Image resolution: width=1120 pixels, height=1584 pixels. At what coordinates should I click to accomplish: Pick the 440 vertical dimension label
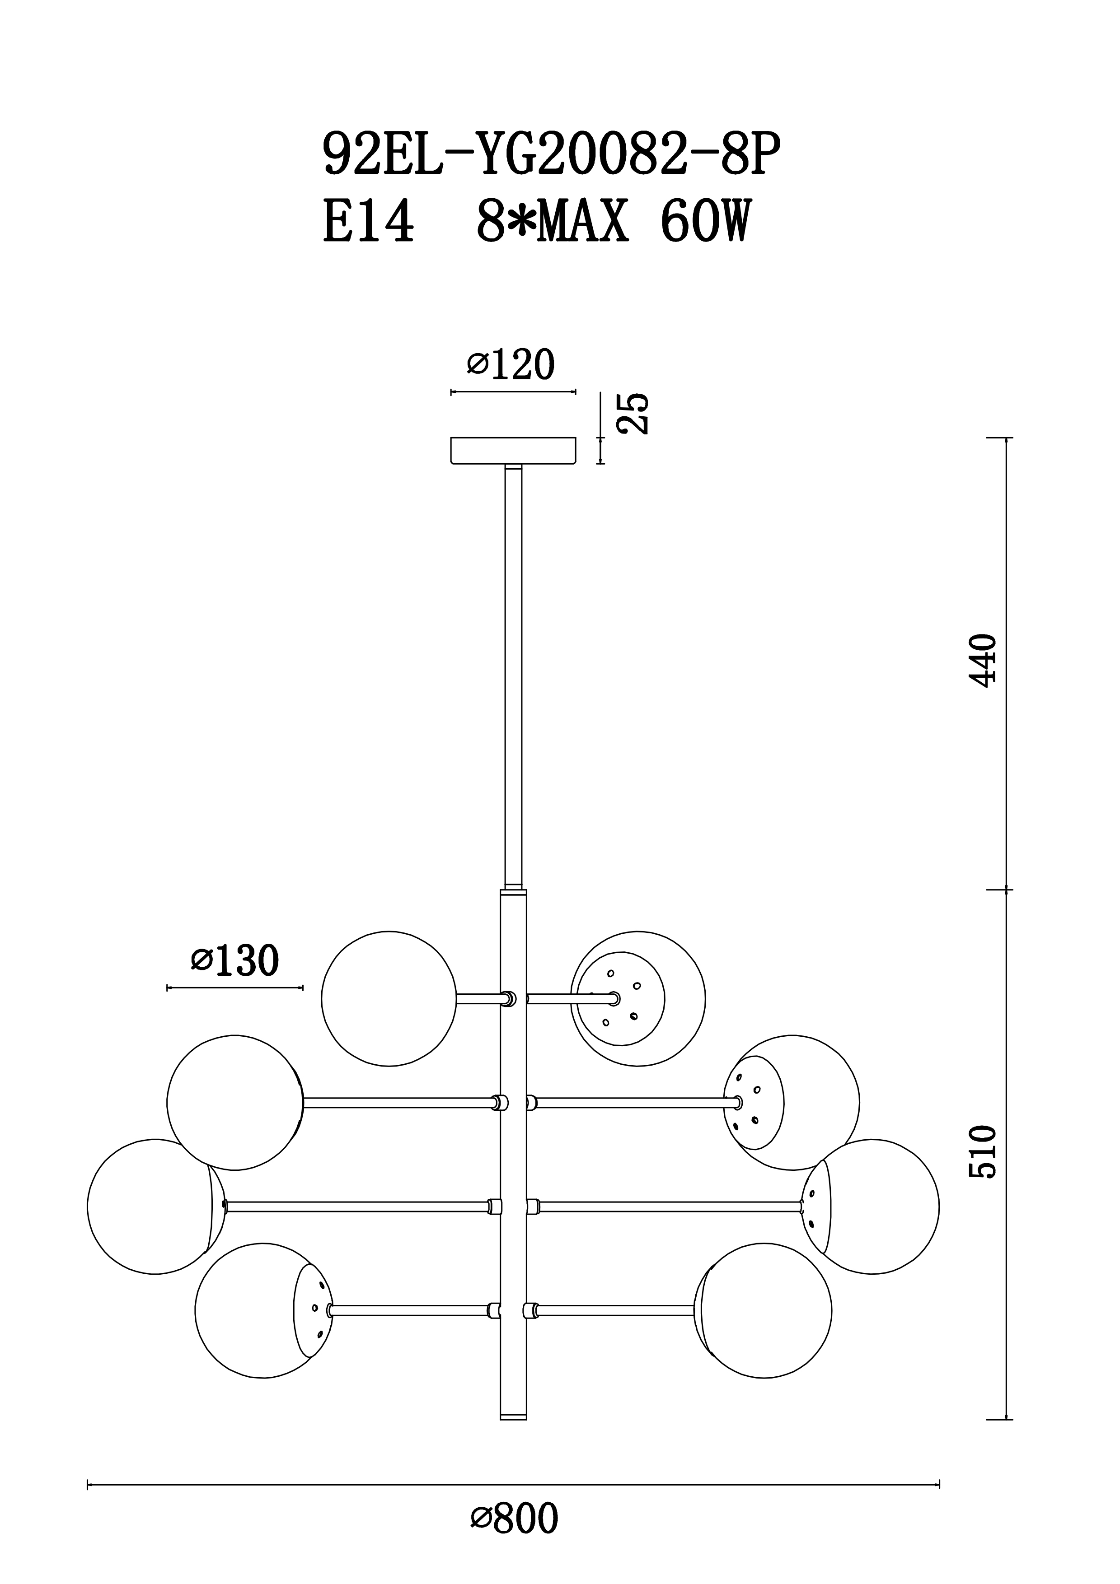tap(983, 660)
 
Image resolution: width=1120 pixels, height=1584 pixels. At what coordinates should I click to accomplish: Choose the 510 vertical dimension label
tap(983, 1152)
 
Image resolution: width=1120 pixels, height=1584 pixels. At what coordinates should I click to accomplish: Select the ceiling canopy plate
tap(513, 451)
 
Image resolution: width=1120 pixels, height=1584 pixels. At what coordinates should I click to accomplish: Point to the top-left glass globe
tap(389, 999)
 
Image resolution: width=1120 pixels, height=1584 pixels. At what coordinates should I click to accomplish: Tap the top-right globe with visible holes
tap(637, 999)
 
